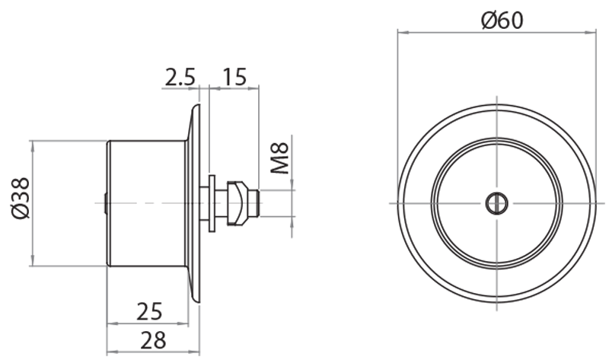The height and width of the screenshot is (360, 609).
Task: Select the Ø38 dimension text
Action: tap(21, 199)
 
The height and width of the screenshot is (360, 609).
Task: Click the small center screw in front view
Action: tap(496, 202)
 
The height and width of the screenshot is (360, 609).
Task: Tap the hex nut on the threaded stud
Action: tap(239, 202)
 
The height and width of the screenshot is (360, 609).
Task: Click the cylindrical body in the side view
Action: tap(145, 202)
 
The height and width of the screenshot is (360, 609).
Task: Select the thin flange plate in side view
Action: tap(195, 202)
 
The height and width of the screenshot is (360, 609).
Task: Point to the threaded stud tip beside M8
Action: tap(258, 202)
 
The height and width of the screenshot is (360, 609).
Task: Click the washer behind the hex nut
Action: tap(210, 202)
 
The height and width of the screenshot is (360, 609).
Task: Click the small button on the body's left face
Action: tap(104, 202)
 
